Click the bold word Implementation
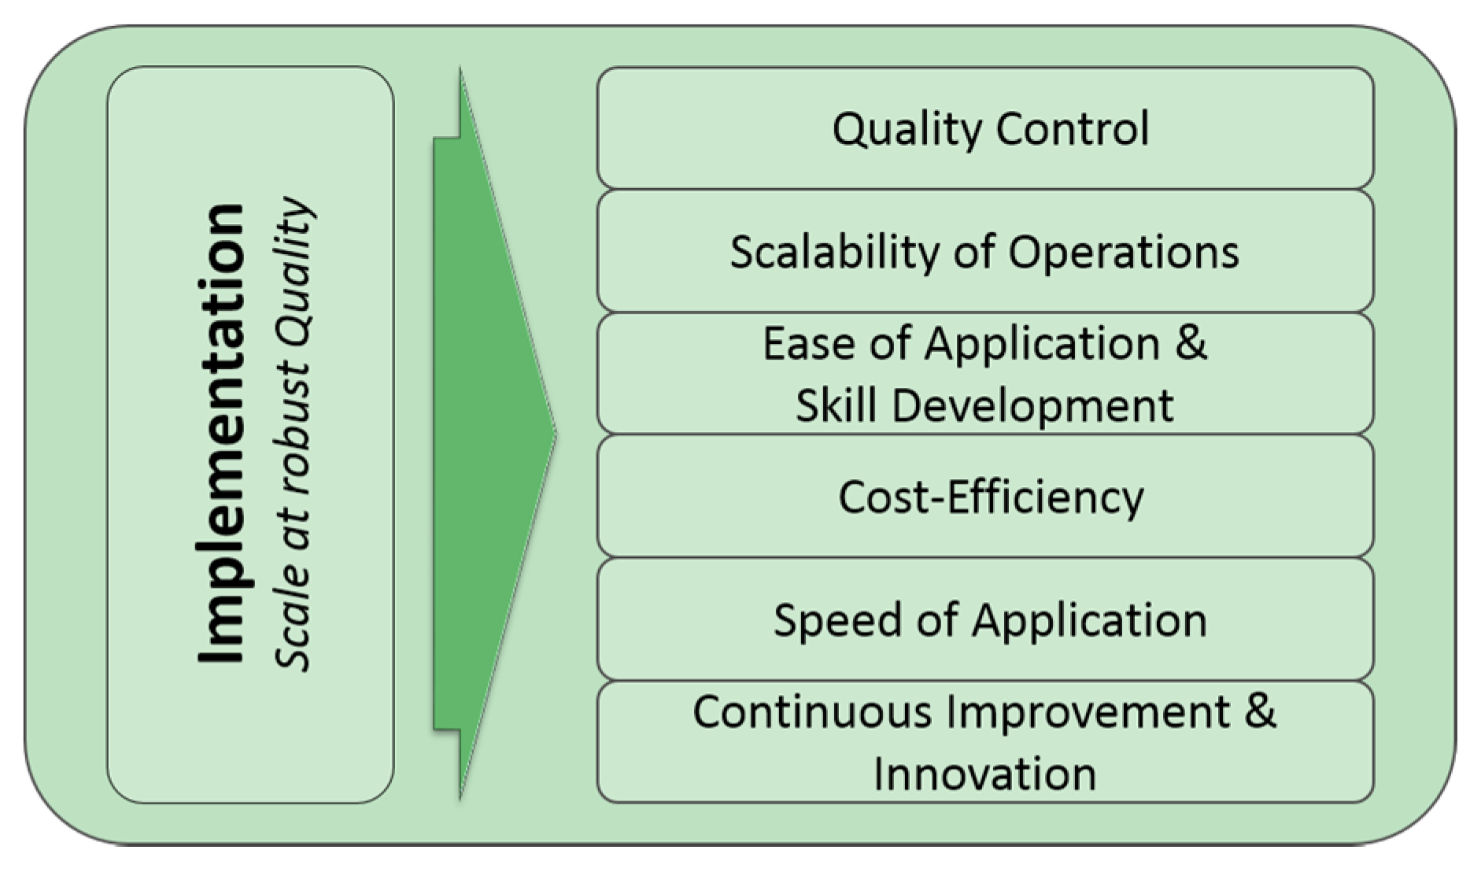coord(222,434)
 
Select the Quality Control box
coord(985,128)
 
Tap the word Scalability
coord(835,253)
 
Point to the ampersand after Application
coord(1191,344)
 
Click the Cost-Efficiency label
coord(991,497)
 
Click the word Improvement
coord(1088,711)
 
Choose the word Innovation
coord(984,773)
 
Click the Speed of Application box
coord(985,620)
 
